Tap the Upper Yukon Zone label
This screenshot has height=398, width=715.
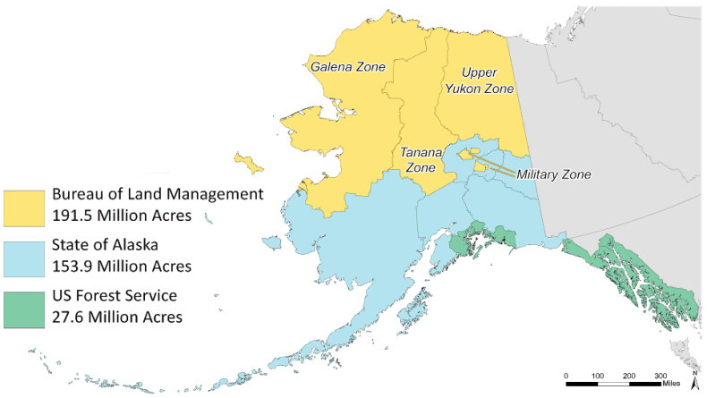pos(487,80)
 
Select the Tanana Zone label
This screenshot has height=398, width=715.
pos(418,160)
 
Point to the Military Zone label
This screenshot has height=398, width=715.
pos(554,174)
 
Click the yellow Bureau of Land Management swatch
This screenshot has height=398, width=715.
pos(24,207)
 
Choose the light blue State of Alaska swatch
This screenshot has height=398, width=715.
pos(24,258)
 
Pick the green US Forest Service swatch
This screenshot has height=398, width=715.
pos(24,307)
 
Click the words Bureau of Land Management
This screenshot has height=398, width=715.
pos(157,194)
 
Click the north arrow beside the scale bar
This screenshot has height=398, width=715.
pos(694,382)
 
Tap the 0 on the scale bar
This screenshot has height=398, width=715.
pos(566,375)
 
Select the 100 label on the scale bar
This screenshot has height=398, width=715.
pos(598,375)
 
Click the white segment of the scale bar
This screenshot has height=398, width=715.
pos(613,383)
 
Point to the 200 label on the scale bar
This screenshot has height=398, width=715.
pos(629,375)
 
